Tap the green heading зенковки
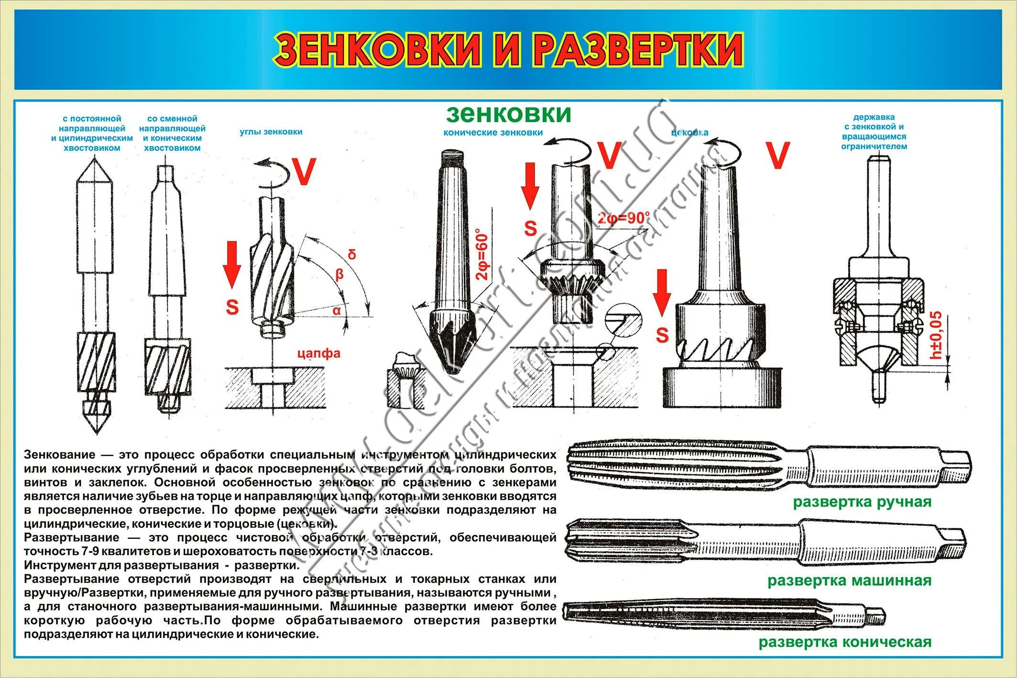pos(508,114)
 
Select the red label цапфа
pos(318,353)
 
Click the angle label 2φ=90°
pos(623,219)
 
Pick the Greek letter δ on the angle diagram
pos(352,254)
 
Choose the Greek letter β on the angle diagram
pos(339,274)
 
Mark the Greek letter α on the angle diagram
pos(337,310)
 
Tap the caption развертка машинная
pos(849,580)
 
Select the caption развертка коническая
pos(845,642)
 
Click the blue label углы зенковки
pos(271,132)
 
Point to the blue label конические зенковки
pos(493,133)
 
